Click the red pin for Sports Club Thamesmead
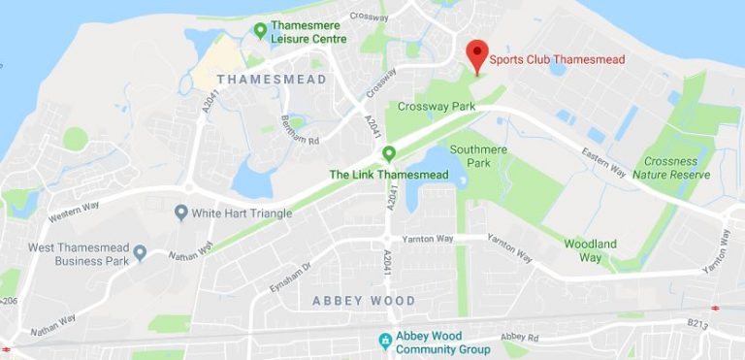[x=476, y=53]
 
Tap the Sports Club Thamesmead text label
[x=557, y=60]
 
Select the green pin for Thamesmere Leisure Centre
[x=260, y=31]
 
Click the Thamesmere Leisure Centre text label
[x=309, y=32]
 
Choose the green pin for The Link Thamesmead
[x=389, y=153]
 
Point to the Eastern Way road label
[x=603, y=159]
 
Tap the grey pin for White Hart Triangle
[x=180, y=212]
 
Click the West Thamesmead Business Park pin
[x=140, y=253]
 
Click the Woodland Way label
[x=591, y=249]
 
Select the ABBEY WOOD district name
[x=364, y=301]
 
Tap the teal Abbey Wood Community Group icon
[x=385, y=342]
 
